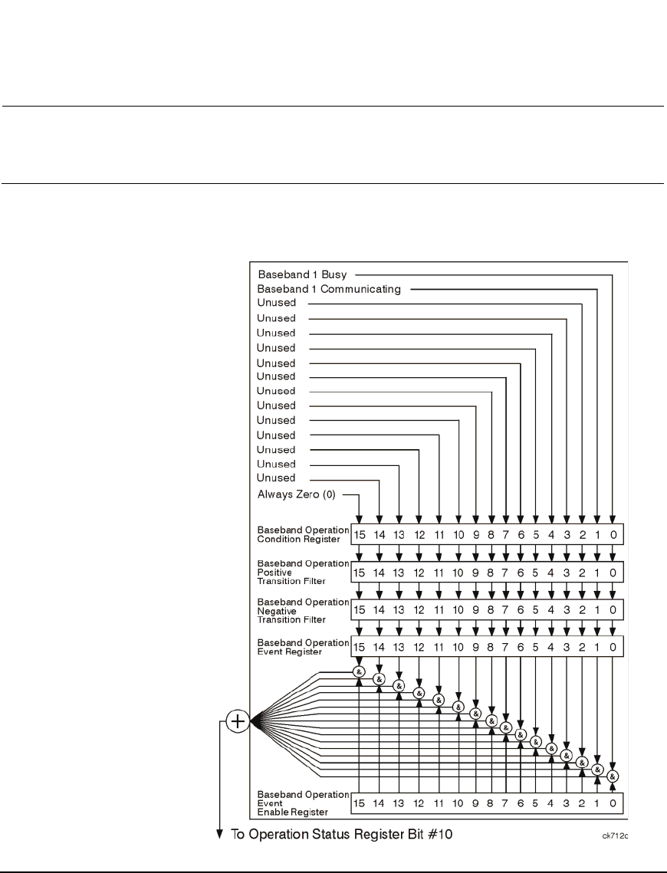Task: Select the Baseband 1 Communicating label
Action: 329,289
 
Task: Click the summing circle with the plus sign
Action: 238,721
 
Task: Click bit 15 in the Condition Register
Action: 360,533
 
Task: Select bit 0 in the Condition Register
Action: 612,533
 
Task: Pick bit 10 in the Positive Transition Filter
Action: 458,573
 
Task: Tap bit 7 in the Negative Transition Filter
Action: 506,609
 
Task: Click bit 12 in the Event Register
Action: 419,647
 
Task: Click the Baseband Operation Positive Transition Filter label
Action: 303,572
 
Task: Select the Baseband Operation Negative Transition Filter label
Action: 303,609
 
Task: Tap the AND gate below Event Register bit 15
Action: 359,671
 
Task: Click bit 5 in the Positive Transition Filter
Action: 536,573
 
